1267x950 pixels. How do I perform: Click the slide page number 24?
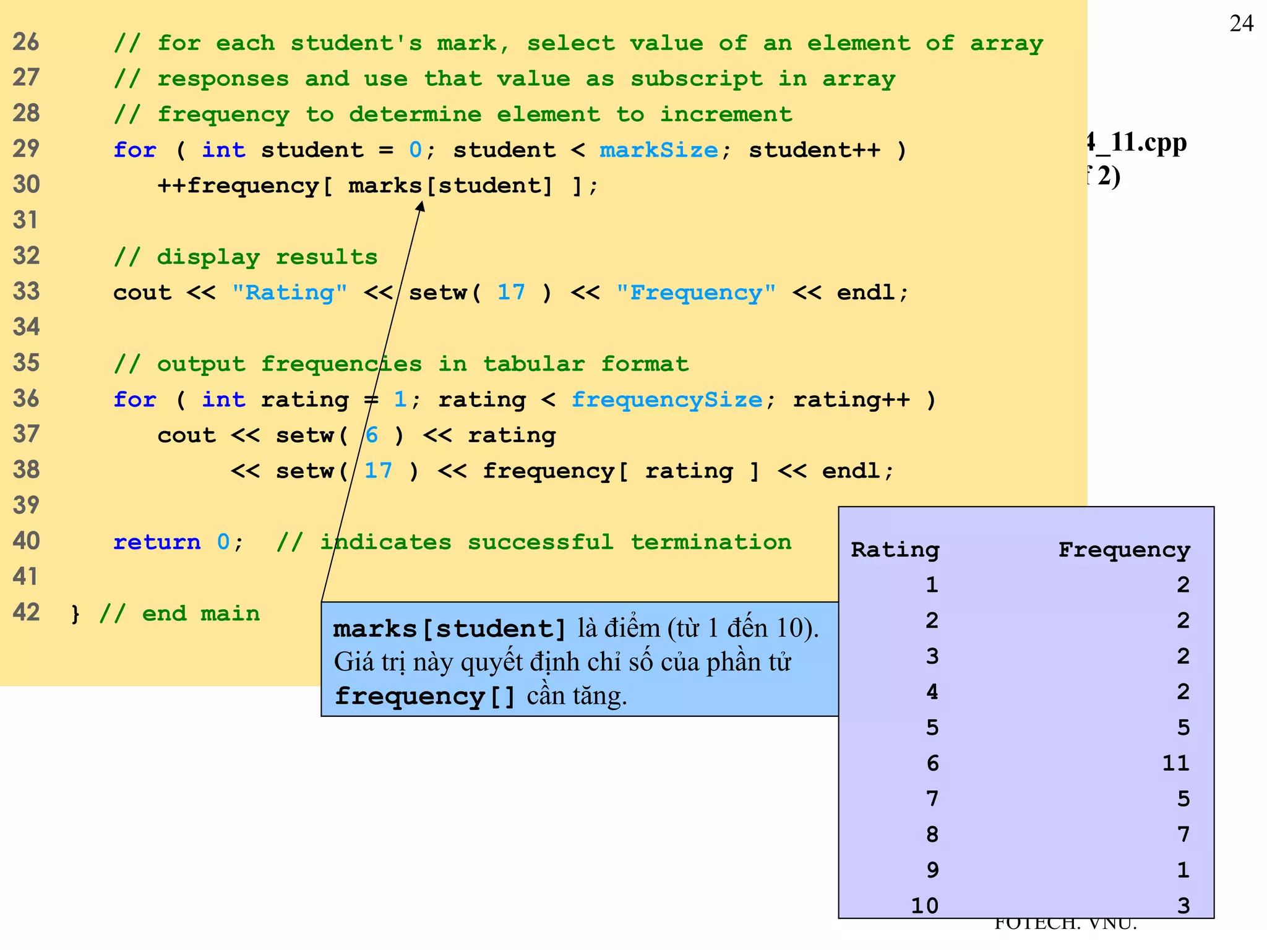point(1241,24)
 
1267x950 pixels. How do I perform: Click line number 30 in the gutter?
point(26,184)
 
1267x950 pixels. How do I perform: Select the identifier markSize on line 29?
point(658,150)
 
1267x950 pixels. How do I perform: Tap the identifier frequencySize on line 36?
point(666,400)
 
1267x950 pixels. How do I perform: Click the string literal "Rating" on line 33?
point(290,293)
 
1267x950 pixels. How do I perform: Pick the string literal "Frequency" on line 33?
point(696,293)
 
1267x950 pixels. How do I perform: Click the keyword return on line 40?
point(157,542)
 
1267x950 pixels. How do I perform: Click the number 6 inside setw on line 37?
point(371,435)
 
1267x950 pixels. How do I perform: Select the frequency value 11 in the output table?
point(1175,763)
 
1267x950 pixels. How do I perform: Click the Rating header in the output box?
point(895,549)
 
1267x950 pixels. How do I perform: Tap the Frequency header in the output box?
point(1123,549)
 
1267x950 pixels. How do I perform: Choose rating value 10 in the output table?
point(924,906)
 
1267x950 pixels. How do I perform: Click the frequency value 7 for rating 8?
point(1183,835)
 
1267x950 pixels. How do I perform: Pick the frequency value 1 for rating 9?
point(1183,870)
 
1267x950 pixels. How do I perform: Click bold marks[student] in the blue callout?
point(450,629)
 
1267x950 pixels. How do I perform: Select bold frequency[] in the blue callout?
point(425,696)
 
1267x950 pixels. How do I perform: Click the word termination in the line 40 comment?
point(711,542)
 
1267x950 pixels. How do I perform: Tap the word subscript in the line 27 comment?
point(696,79)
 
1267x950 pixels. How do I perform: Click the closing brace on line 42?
point(75,614)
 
